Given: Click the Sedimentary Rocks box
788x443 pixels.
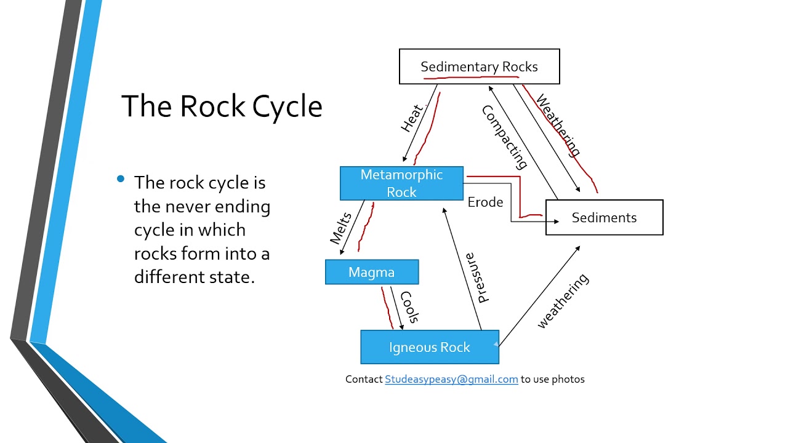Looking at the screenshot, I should point(479,66).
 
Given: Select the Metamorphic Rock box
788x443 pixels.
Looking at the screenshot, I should point(401,183).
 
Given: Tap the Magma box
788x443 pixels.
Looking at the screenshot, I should point(372,272).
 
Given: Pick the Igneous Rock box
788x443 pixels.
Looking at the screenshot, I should point(429,347).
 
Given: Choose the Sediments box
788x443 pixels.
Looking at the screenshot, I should point(604,217).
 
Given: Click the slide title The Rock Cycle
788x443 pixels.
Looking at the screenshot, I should point(222,106).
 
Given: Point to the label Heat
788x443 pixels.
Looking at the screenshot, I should point(412,118).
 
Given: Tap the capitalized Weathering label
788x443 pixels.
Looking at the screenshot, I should point(558,125).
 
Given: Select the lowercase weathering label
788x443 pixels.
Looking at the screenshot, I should point(563,301).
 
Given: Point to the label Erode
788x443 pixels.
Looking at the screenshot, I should point(485,202).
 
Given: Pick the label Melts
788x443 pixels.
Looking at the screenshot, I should point(340,228).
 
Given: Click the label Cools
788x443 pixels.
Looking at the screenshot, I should point(410,307).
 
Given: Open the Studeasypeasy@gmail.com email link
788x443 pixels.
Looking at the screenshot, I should point(451,379).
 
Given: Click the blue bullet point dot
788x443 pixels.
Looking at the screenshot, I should point(121,180).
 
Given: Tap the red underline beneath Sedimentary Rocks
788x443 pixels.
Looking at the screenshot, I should point(471,78).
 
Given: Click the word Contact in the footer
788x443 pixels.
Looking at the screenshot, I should point(364,379).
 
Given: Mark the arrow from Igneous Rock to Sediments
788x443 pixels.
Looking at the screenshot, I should point(539,289).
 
